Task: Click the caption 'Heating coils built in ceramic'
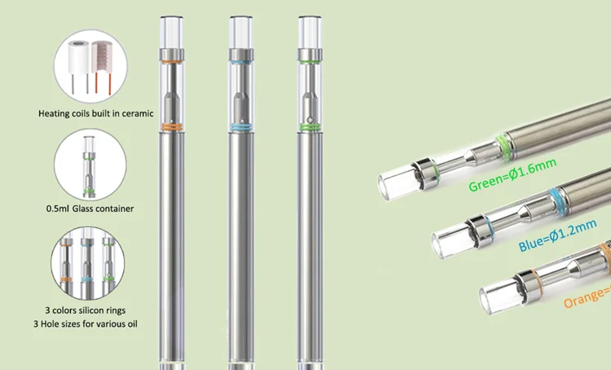(96, 113)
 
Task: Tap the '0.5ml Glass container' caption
(91, 209)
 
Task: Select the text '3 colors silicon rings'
(92, 311)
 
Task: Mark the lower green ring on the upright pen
(309, 126)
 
